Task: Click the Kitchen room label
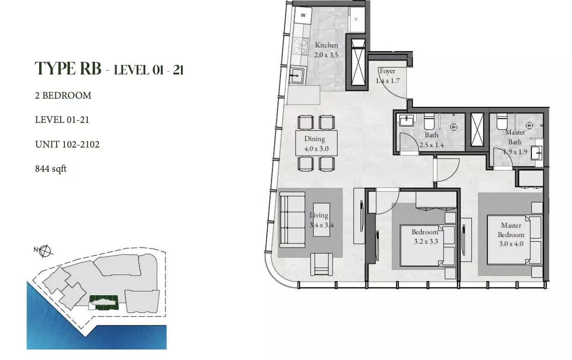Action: tap(326, 45)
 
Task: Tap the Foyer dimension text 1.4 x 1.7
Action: tap(387, 81)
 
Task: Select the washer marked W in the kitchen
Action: tap(303, 15)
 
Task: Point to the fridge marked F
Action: tap(356, 20)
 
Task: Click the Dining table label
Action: tap(315, 139)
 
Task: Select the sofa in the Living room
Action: tap(292, 220)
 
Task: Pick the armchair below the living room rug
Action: tap(322, 264)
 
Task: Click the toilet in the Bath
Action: tap(429, 122)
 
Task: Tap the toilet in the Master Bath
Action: tap(502, 122)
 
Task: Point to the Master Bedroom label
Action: tap(511, 230)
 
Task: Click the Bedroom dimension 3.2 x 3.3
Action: tap(426, 241)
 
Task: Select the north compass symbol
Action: tap(45, 251)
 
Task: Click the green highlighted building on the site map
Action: tap(104, 302)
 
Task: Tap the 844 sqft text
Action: tap(51, 169)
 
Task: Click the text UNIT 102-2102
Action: tap(67, 144)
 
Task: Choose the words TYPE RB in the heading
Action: tap(68, 69)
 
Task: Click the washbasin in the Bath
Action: tap(407, 120)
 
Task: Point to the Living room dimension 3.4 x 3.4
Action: tap(322, 225)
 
